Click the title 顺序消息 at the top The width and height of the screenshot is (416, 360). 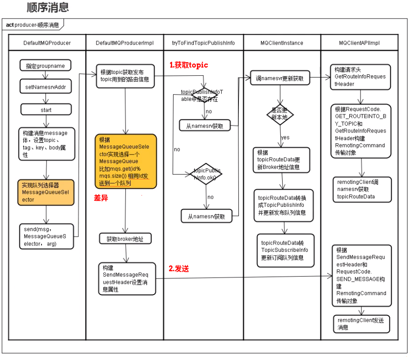(x=48, y=8)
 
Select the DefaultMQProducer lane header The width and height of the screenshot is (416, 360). (x=47, y=43)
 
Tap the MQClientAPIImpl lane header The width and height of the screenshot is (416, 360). (x=359, y=43)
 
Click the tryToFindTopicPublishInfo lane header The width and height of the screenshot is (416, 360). (x=203, y=43)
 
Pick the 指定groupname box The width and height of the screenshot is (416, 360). (x=46, y=66)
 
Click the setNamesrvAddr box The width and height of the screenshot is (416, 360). (x=46, y=87)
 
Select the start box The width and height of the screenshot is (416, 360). (x=46, y=109)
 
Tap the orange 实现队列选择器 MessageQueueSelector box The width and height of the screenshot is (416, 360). (x=45, y=192)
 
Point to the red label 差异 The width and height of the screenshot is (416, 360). (x=101, y=198)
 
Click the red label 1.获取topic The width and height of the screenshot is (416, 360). (x=188, y=65)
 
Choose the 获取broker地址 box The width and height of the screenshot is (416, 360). (x=125, y=239)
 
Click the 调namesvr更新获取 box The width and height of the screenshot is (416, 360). (x=280, y=78)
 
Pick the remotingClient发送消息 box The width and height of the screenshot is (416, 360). (x=361, y=324)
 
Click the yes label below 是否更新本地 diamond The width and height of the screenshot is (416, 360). (x=285, y=137)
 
